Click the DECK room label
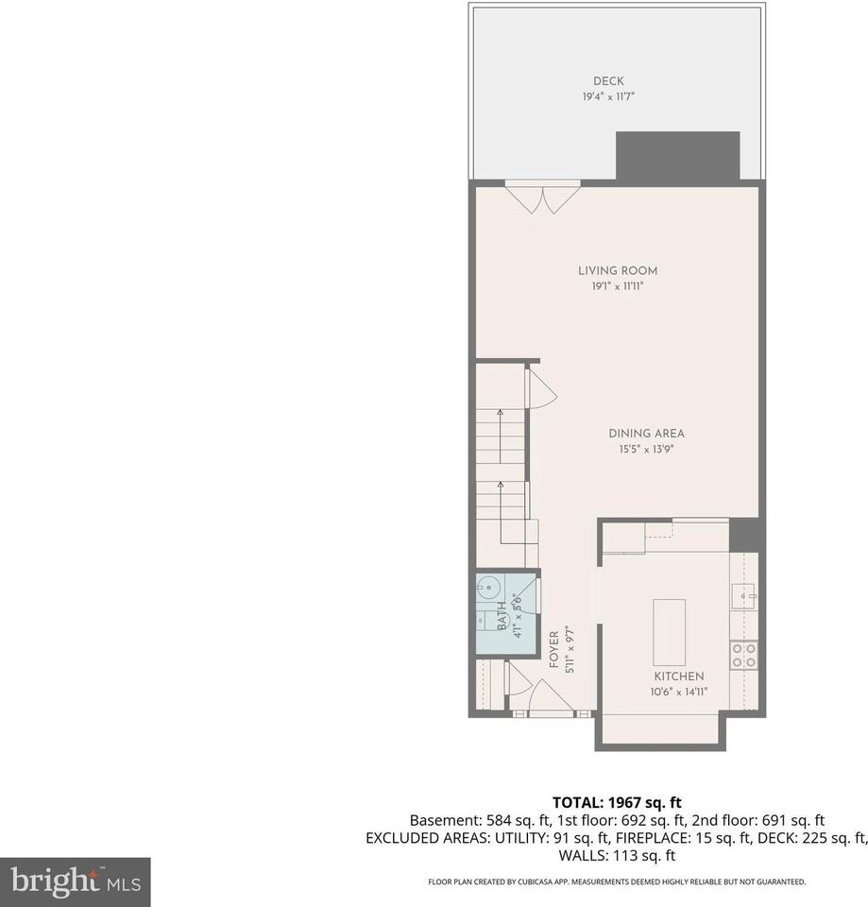point(608,81)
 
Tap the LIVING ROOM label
point(618,271)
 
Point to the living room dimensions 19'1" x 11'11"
point(618,285)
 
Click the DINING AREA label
point(646,434)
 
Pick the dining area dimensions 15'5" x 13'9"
point(646,449)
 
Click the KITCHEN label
point(678,676)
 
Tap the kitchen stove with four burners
point(743,655)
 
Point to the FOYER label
point(554,650)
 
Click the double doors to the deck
point(541,196)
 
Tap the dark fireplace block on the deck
point(677,155)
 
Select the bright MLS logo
point(75,882)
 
